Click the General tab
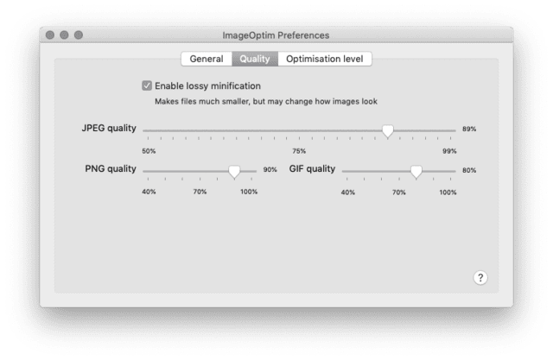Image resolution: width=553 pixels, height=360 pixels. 207,59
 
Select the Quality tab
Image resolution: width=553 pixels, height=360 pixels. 255,59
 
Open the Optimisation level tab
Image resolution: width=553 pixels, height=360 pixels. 325,59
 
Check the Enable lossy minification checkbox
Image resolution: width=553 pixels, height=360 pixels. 147,85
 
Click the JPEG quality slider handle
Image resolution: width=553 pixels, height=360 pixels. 388,131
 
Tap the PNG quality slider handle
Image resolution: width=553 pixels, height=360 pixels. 234,172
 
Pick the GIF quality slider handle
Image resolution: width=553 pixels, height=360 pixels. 416,172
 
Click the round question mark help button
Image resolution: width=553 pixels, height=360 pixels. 480,278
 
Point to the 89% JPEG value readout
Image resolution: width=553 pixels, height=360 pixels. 469,129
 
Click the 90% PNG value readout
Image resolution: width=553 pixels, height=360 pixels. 270,170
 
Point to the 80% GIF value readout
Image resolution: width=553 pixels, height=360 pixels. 469,170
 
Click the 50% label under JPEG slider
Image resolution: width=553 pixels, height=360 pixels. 149,151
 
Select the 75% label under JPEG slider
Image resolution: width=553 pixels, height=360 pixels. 299,151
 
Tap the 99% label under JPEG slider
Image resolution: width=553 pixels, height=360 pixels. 449,151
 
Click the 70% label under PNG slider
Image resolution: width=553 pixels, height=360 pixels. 200,192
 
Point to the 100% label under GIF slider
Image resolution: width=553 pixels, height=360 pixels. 448,193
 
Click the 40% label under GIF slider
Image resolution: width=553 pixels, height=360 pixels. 347,193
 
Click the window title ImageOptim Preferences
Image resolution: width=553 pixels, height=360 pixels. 276,35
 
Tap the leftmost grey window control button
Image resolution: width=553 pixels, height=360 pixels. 50,35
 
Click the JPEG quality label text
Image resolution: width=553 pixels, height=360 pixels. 109,129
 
